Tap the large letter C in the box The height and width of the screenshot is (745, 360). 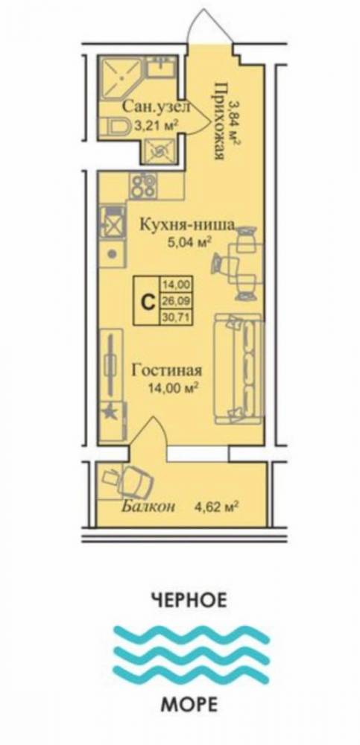coord(148,301)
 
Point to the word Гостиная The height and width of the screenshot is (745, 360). coord(167,370)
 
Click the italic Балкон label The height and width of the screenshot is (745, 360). coord(148,507)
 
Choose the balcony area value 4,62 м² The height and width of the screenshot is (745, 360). coord(216,507)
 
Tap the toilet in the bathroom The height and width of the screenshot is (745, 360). coord(119,127)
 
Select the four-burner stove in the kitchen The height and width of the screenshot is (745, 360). coord(142,184)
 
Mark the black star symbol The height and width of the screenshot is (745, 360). coord(111,408)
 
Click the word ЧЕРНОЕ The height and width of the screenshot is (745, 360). coord(187,598)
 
